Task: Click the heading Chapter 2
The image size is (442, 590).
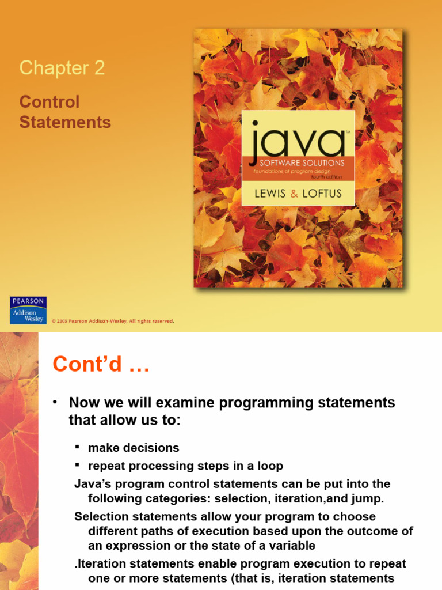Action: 62,68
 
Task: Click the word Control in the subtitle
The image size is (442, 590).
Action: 49,102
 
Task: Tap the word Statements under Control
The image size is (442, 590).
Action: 65,122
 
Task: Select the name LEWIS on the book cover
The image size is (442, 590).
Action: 270,194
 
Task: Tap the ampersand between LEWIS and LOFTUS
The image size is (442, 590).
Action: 295,194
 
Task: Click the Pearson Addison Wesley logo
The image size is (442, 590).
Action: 28,310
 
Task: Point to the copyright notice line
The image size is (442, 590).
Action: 113,321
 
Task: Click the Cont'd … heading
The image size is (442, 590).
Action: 101,364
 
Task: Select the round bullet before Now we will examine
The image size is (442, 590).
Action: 56,402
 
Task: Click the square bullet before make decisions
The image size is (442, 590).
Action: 77,447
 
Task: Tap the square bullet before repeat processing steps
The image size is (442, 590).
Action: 77,466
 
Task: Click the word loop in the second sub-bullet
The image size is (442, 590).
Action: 270,466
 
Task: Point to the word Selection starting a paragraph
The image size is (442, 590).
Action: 101,516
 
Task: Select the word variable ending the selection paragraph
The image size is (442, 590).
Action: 291,545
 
